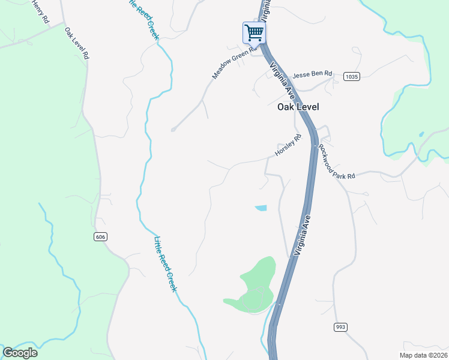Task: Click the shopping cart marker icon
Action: pyautogui.click(x=254, y=32)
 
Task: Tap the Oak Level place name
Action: pyautogui.click(x=298, y=107)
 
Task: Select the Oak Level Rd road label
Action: pyautogui.click(x=77, y=43)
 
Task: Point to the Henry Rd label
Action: pyautogui.click(x=40, y=10)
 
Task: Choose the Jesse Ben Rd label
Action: pyautogui.click(x=312, y=74)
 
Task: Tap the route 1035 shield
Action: pyautogui.click(x=352, y=77)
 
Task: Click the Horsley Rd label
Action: pyautogui.click(x=288, y=146)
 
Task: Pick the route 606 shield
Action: pyautogui.click(x=100, y=237)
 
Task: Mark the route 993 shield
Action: pyautogui.click(x=340, y=326)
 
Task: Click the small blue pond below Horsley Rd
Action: pyautogui.click(x=261, y=208)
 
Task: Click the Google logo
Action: pyautogui.click(x=20, y=353)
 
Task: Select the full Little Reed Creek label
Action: pyautogui.click(x=165, y=265)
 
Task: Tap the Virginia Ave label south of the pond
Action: pyautogui.click(x=304, y=236)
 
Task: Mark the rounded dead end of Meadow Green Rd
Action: pyautogui.click(x=173, y=129)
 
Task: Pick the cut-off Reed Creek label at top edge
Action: pyautogui.click(x=144, y=19)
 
